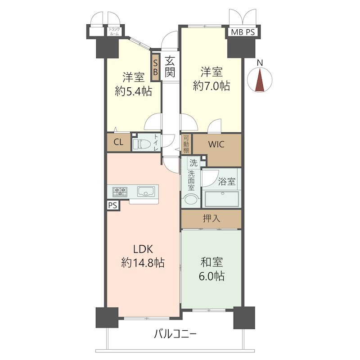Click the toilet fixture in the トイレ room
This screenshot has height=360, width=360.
[x=142, y=144]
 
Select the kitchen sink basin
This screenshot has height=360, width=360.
[x=145, y=192]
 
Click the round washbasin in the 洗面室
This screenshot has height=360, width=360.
[x=190, y=199]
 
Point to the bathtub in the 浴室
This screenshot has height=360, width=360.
[x=222, y=198]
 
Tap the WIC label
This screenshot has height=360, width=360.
[x=216, y=144]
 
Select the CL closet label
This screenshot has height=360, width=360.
[x=118, y=142]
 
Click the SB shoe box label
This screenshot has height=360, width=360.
[x=155, y=67]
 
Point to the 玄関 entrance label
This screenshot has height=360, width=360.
[x=170, y=67]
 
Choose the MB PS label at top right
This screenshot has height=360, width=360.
[x=243, y=32]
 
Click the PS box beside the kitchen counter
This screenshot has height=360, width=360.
[x=113, y=205]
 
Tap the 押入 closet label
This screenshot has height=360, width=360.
[x=211, y=218]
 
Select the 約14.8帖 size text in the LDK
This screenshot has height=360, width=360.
[x=143, y=263]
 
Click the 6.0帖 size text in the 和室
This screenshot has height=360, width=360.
[x=211, y=276]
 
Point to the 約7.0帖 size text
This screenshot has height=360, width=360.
[x=211, y=86]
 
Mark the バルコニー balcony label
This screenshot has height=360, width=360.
[x=175, y=334]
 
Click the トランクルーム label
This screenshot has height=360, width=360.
[x=114, y=31]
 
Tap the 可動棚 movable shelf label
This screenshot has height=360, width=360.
[x=186, y=144]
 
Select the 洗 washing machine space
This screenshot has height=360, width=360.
[x=193, y=163]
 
